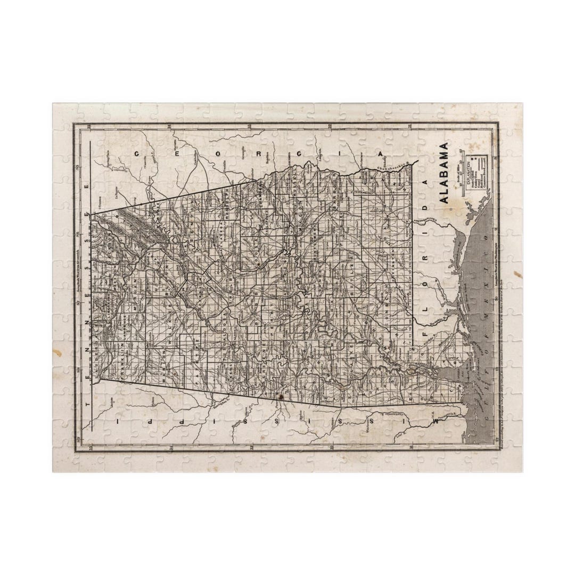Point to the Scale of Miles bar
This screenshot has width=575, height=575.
[x=461, y=174]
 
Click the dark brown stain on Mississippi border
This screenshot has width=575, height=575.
[x=276, y=397]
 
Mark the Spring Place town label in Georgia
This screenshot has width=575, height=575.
[x=113, y=167]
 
